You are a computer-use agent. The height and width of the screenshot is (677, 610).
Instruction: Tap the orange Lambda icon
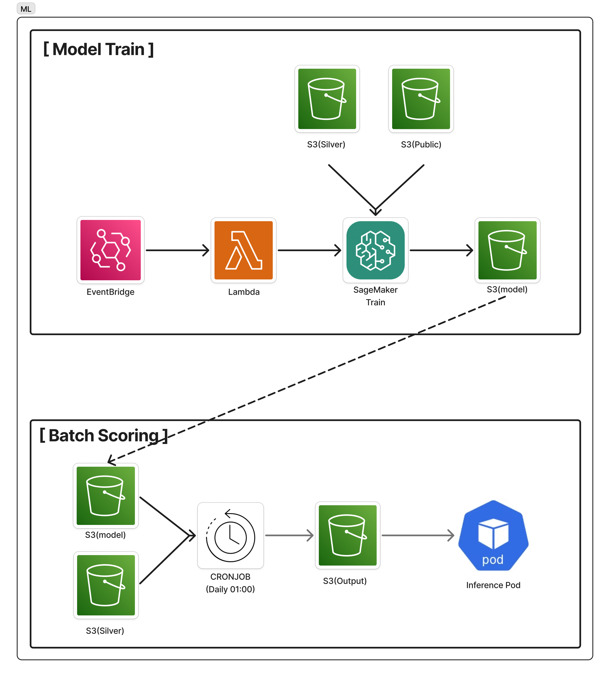(x=244, y=250)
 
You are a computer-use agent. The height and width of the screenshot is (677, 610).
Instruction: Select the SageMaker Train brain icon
(x=375, y=250)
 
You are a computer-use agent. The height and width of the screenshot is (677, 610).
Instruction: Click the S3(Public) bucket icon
(x=421, y=99)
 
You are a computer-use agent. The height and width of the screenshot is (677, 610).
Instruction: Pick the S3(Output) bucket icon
(x=348, y=535)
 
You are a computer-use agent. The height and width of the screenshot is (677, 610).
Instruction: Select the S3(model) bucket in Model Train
(x=507, y=250)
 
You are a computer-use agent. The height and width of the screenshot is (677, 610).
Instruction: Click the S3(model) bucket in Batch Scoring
(x=106, y=496)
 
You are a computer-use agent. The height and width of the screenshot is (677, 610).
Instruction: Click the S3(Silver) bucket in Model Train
(x=327, y=99)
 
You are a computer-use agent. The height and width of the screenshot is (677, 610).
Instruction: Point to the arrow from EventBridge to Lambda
(x=178, y=250)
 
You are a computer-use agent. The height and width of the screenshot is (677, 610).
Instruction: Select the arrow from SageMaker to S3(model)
(x=441, y=250)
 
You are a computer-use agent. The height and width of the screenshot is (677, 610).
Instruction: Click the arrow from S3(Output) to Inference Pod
(x=418, y=535)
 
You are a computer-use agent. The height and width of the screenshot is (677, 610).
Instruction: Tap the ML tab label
(x=26, y=9)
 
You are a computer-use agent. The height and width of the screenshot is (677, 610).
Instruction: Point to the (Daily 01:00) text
(x=231, y=589)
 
